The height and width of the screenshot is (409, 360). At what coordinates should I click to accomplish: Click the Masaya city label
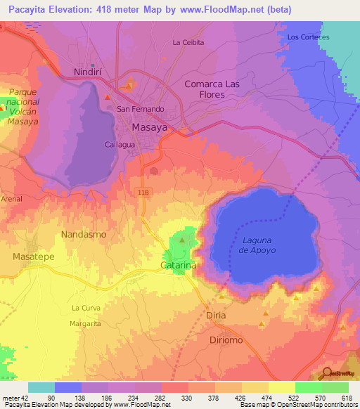(150, 127)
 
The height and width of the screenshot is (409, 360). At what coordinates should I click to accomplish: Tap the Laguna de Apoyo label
(252, 245)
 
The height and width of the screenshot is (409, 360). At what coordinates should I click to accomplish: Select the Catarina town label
(178, 266)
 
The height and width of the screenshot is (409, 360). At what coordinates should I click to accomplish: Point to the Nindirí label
(89, 72)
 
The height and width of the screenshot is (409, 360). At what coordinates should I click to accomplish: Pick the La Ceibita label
(188, 42)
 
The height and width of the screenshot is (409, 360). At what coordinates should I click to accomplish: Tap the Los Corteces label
(309, 37)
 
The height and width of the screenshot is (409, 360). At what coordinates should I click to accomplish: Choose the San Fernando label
(140, 109)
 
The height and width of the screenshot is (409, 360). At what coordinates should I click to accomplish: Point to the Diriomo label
(229, 339)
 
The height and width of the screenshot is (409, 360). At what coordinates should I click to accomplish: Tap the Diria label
(217, 316)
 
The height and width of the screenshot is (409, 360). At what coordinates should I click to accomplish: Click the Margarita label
(85, 323)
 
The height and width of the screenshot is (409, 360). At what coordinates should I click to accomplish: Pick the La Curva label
(86, 308)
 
